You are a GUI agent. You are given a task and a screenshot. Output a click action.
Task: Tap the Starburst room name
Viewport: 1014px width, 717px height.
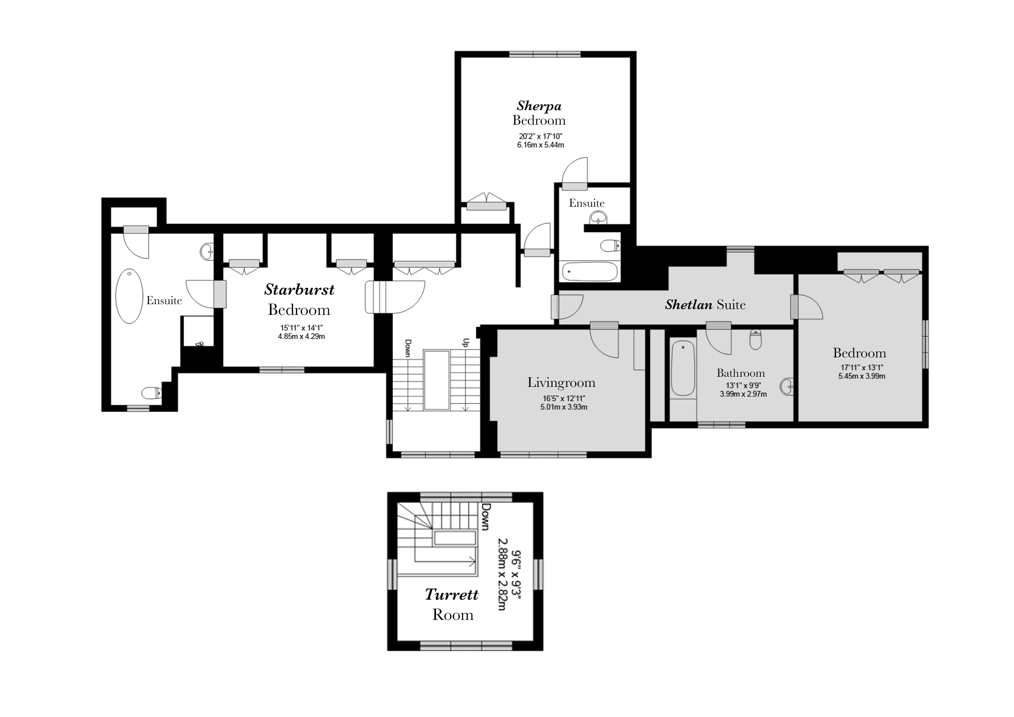point(299,290)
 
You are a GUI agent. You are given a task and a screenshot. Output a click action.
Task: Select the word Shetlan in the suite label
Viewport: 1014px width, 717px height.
point(689,304)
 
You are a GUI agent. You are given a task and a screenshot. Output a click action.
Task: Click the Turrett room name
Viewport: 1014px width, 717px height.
point(451,595)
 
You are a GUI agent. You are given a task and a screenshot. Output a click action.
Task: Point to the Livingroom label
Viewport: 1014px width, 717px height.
point(561,382)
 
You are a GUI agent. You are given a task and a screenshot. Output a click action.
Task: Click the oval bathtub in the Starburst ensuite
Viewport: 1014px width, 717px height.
point(129,296)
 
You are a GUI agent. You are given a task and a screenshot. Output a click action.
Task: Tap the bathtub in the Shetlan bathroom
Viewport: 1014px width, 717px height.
point(683,367)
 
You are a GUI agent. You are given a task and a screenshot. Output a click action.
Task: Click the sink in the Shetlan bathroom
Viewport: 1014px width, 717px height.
point(787,387)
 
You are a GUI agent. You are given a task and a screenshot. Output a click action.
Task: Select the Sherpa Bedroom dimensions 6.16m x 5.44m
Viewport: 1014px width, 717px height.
point(541,145)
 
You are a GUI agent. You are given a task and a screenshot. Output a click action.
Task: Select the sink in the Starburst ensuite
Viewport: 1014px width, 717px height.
point(207,252)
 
